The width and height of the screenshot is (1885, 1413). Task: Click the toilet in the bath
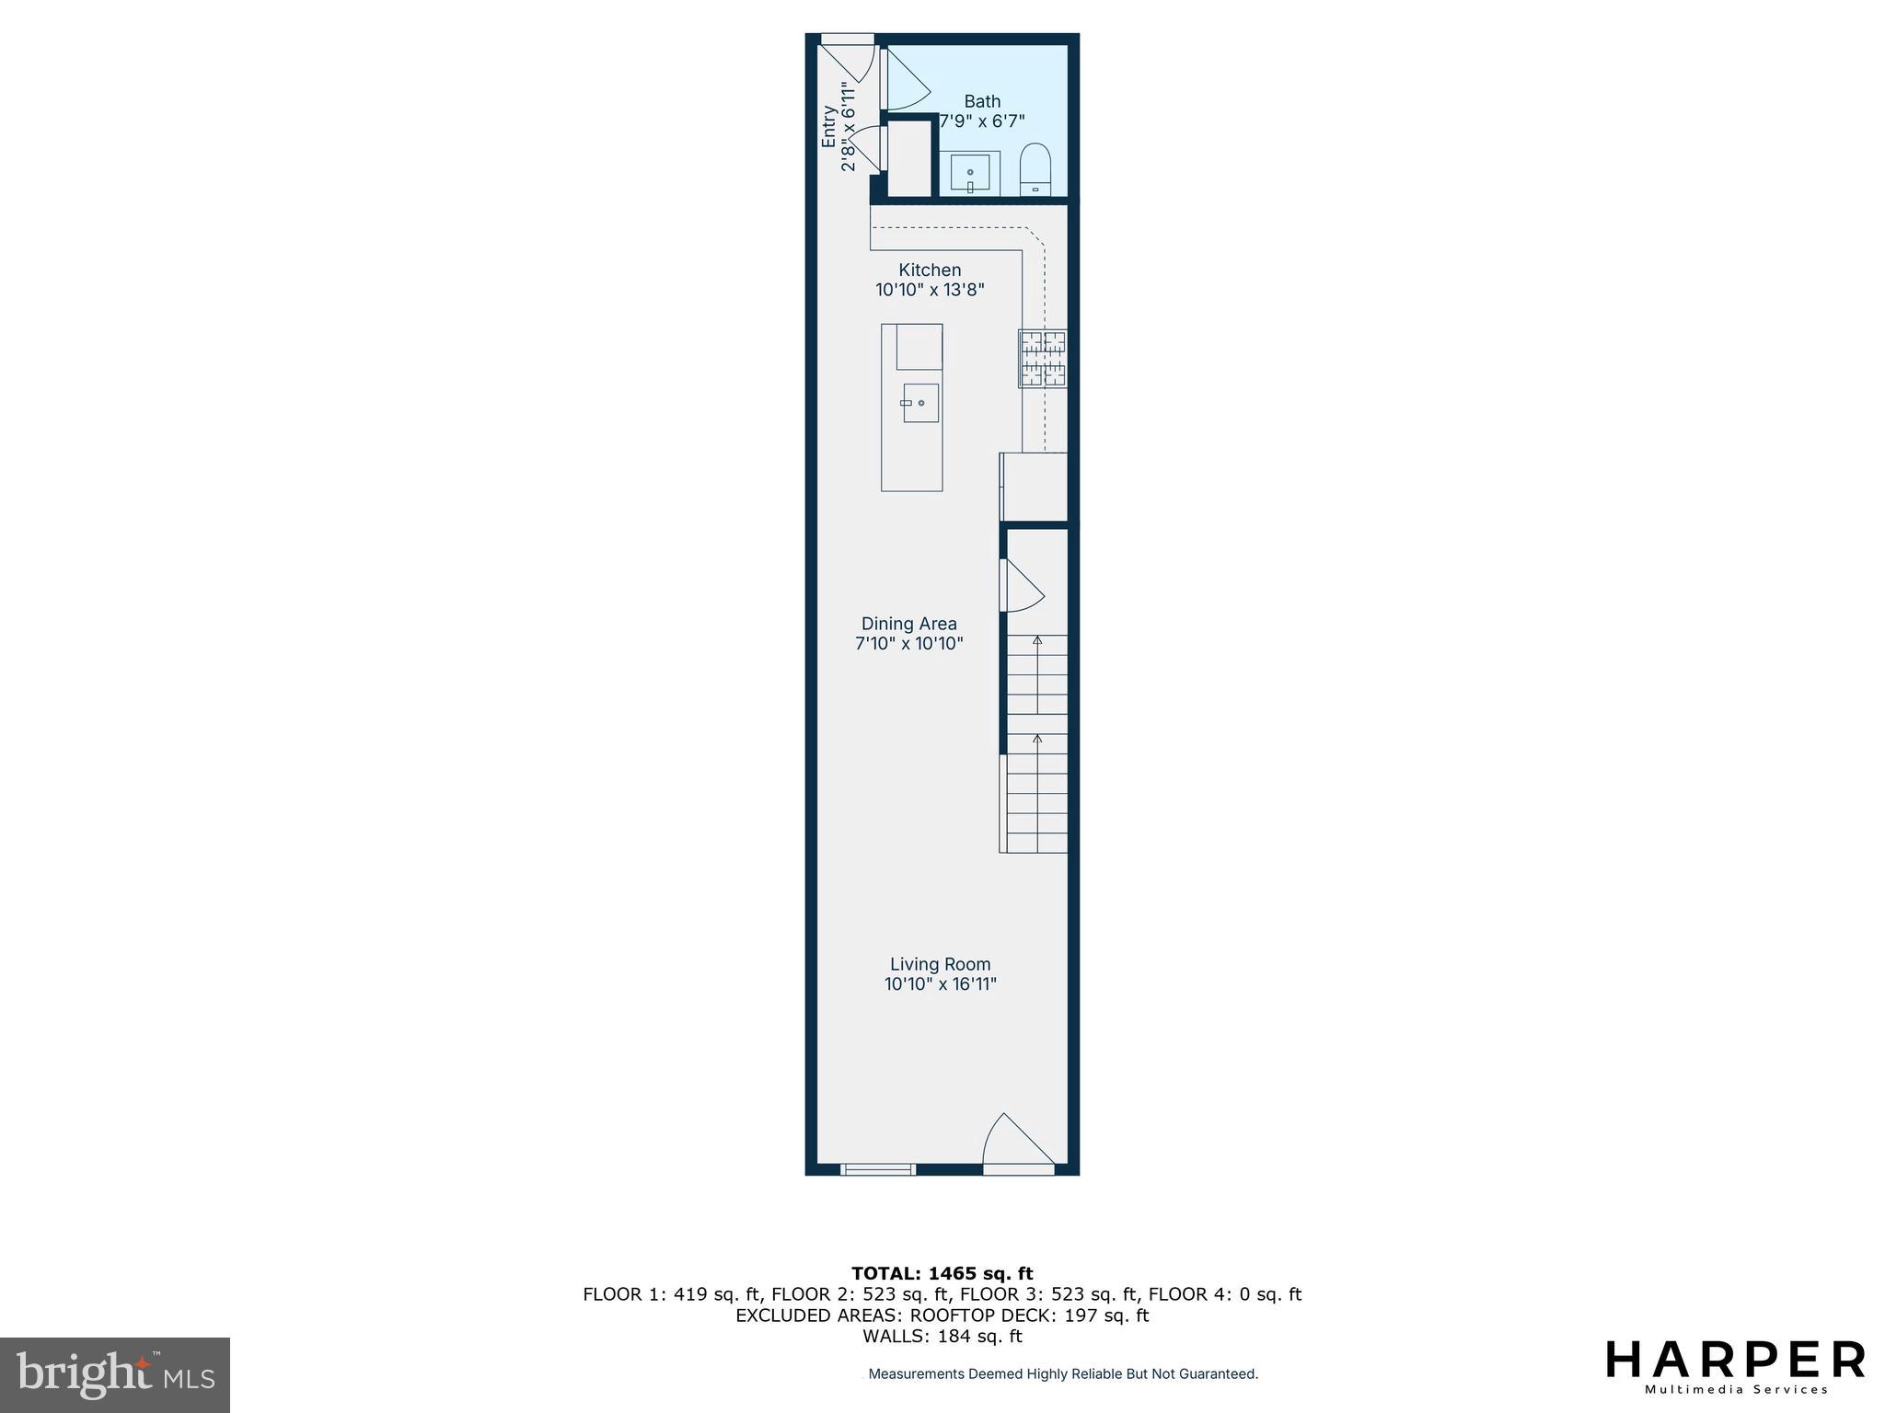[x=1035, y=170]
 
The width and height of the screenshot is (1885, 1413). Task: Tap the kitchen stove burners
[x=1042, y=359]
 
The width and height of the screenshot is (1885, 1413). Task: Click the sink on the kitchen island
[x=919, y=403]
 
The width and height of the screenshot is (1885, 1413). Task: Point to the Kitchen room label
[x=930, y=270]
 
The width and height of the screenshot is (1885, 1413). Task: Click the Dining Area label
[x=908, y=624]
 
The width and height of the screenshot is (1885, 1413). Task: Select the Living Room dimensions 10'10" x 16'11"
[x=940, y=984]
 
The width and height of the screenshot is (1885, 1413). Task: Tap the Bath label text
[x=982, y=101]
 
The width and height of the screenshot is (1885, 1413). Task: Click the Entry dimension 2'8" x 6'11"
[x=849, y=127]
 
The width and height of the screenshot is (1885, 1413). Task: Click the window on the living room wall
[x=877, y=1169]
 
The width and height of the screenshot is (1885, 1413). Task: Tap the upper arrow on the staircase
[x=1037, y=640]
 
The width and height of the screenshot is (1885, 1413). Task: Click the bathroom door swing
[x=904, y=81]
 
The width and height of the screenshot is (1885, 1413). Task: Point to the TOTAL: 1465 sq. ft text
[x=942, y=1273]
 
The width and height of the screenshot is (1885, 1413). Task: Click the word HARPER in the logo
[x=1735, y=1360]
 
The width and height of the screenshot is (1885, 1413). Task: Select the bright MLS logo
[x=115, y=1374]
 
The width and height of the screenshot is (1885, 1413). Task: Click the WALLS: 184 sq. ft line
[x=942, y=1337]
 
